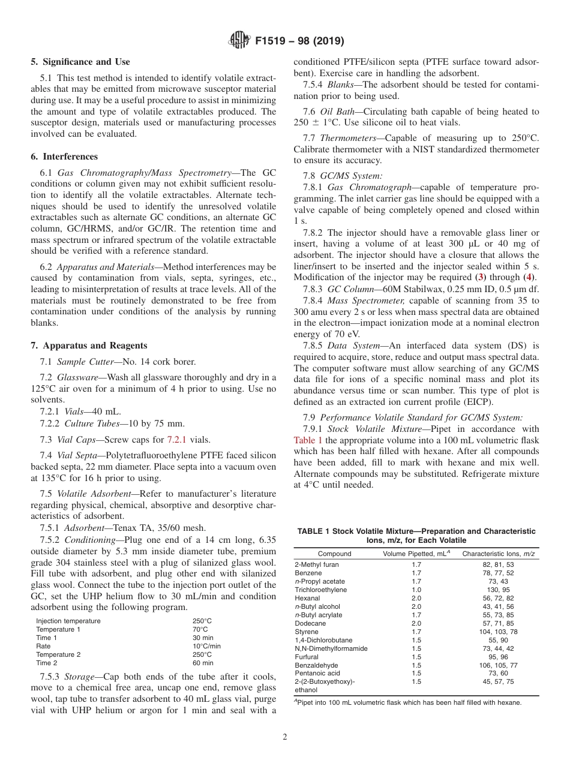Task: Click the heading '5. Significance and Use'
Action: coord(80,62)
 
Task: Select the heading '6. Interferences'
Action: coord(64,157)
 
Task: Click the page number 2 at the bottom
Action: coord(285,737)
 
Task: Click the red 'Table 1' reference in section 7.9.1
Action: coord(308,440)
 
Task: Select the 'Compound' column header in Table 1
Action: coord(334,554)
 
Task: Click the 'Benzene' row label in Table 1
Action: coord(308,573)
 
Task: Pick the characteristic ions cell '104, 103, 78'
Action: coord(498,632)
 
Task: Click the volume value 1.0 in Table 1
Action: coord(416,590)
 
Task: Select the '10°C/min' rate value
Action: coord(206,646)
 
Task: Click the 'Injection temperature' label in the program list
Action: coord(68,621)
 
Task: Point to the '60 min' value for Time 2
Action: coord(202,663)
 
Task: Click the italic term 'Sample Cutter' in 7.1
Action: coord(81,362)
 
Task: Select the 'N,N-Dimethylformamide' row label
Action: coord(331,648)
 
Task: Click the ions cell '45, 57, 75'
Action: coord(498,681)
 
